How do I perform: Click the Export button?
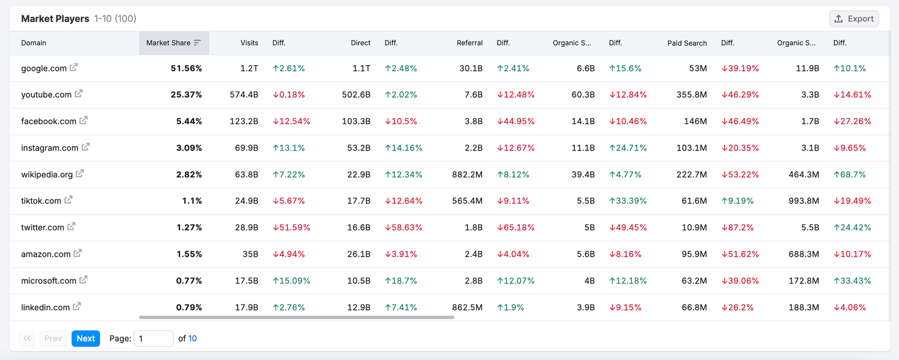(x=854, y=19)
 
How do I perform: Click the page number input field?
(x=153, y=339)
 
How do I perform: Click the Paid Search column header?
(x=687, y=43)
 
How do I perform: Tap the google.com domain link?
(x=44, y=68)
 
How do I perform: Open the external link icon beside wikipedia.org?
(x=80, y=174)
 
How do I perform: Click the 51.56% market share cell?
(x=186, y=68)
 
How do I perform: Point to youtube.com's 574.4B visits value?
(x=244, y=94)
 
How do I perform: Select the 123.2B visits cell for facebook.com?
(x=244, y=121)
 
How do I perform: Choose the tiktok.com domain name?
(x=41, y=200)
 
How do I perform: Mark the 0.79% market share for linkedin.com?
(x=189, y=307)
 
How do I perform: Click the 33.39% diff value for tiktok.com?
(x=628, y=200)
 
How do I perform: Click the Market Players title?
(x=55, y=19)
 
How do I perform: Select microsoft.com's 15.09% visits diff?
(x=291, y=281)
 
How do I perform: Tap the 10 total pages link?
(x=192, y=339)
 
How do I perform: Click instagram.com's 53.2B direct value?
(x=358, y=148)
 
